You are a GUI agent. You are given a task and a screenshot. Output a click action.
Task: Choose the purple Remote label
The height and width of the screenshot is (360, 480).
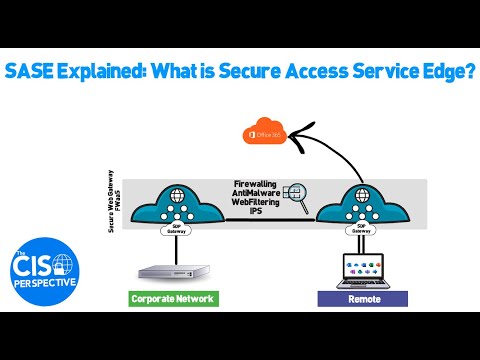pyautogui.click(x=361, y=297)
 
